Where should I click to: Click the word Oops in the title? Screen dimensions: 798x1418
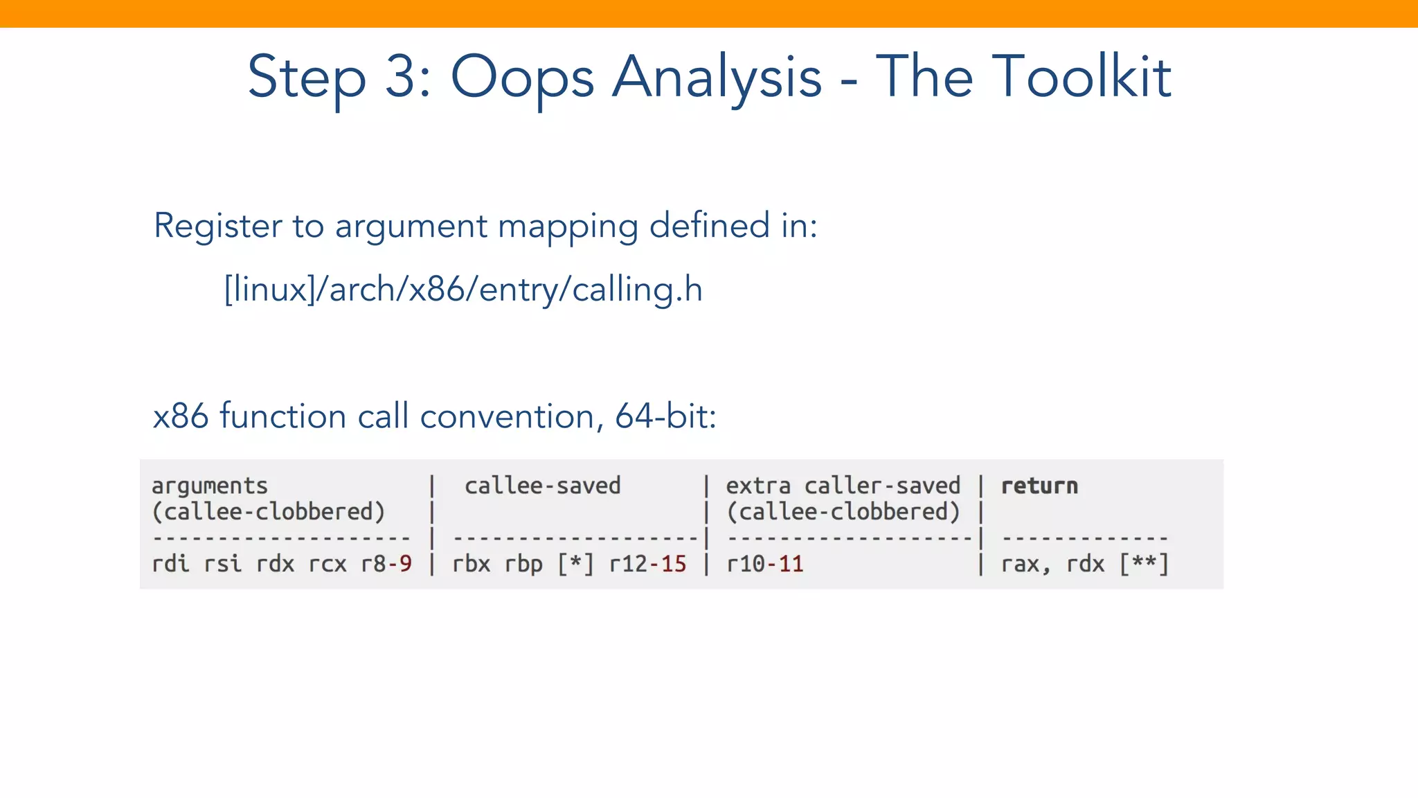(522, 78)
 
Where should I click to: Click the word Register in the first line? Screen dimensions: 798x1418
(218, 226)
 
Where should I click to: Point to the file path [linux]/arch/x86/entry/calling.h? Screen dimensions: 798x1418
(463, 289)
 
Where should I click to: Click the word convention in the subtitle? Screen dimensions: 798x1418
(507, 416)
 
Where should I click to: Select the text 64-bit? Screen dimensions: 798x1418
(665, 416)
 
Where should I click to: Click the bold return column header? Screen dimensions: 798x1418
(1039, 486)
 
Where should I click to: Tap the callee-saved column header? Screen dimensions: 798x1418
(542, 486)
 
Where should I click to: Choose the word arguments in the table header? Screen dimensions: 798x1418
(210, 486)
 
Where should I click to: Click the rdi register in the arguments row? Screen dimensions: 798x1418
(170, 564)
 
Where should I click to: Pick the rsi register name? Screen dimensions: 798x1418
(223, 564)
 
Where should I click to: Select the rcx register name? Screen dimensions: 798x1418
(327, 564)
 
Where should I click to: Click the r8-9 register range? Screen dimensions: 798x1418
(386, 564)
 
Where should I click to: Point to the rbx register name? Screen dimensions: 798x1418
(471, 564)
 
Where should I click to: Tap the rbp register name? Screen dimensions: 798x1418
(523, 564)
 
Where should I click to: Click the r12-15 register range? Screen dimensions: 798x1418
(647, 564)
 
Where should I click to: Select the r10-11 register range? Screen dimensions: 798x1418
(764, 564)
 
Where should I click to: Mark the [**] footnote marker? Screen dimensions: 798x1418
(1144, 564)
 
